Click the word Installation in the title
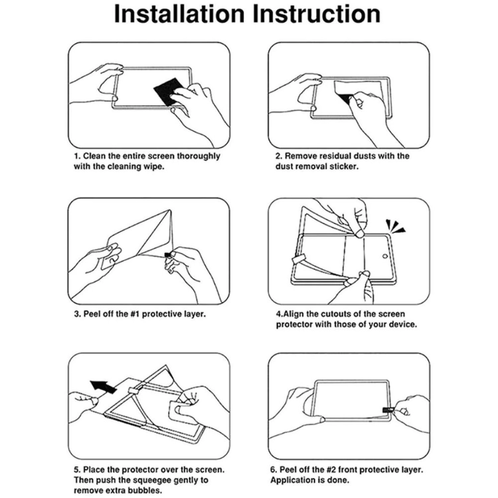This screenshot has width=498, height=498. click(x=179, y=14)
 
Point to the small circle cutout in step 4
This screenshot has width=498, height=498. click(x=385, y=256)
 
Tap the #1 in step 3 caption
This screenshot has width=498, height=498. click(x=132, y=314)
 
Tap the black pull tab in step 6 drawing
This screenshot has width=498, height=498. click(x=387, y=409)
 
